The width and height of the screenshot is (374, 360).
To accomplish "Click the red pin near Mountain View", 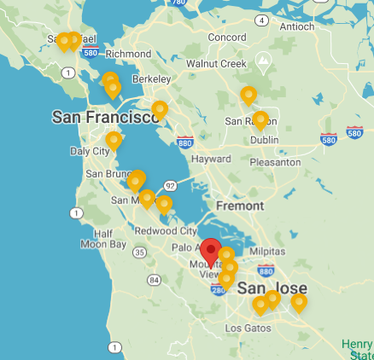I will coord(210,252).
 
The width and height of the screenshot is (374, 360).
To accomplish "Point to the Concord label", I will coord(227,38).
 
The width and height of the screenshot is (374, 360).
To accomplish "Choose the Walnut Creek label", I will coord(217,63).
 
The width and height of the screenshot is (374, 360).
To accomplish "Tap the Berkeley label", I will coord(150,79).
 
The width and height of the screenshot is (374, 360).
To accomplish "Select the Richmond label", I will coord(129,54).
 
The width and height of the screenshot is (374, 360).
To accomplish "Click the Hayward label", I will coord(212,160).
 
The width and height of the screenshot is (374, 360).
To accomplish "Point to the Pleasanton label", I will coord(274,161).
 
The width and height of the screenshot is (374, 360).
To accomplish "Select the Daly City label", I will coord(90,151).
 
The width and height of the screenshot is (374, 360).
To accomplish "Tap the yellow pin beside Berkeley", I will coord(160,109).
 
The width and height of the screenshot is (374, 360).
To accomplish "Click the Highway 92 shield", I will coord(170,185).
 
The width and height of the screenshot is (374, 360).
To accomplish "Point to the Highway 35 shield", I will coord(139,252).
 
